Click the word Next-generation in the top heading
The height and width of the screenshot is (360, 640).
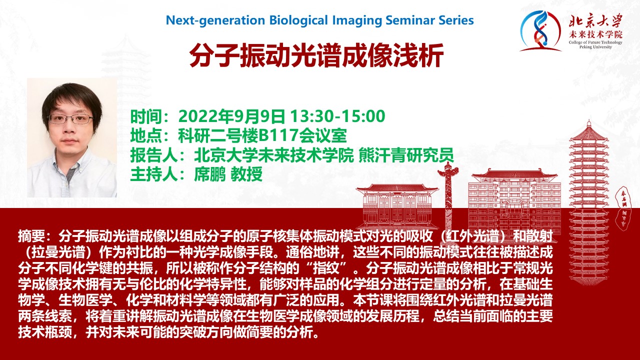[215, 20]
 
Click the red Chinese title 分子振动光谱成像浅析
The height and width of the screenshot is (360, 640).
[316, 55]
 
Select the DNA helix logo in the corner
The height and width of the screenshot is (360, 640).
[539, 31]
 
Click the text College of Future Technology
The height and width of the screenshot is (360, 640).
[595, 42]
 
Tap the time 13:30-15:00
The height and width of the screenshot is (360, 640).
[337, 116]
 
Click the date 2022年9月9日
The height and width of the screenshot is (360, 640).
[231, 116]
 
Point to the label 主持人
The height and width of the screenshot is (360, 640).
[154, 174]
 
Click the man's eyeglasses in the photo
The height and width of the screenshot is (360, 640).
[70, 118]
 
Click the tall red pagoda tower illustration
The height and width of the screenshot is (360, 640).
[588, 200]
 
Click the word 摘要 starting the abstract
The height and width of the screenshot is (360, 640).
[31, 236]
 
